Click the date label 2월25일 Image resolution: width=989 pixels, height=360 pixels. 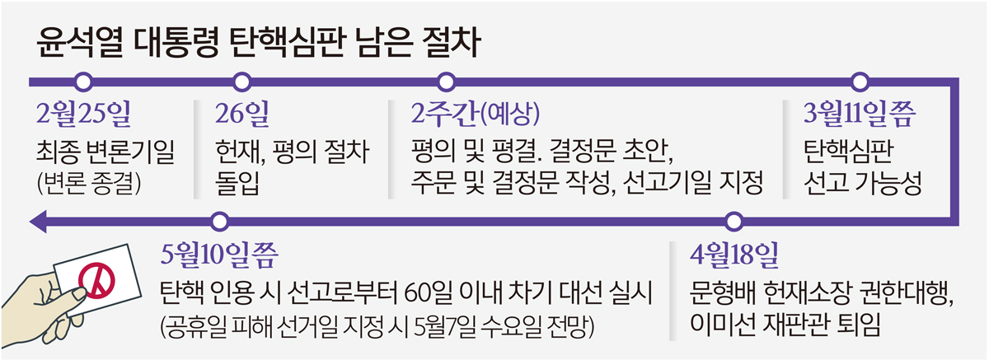(x=84, y=115)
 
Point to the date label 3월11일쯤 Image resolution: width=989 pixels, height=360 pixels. (x=860, y=115)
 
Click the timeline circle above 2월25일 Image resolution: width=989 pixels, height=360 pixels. (x=82, y=82)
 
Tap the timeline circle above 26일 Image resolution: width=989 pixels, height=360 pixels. (x=241, y=82)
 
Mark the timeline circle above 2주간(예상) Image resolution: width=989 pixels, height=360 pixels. (x=447, y=82)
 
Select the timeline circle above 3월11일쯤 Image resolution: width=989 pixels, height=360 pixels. (x=860, y=82)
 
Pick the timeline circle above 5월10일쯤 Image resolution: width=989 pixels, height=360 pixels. (x=218, y=221)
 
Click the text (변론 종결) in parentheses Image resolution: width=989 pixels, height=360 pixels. (x=90, y=183)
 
